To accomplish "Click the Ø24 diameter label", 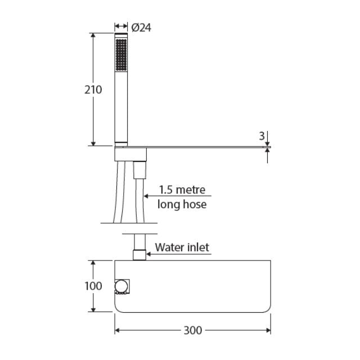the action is (x=141, y=28).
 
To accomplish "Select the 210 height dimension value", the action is (x=93, y=90).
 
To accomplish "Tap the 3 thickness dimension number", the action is (x=262, y=136).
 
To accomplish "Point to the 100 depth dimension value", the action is (x=93, y=286).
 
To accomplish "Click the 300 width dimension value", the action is (x=193, y=330).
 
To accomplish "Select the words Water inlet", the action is (x=182, y=247).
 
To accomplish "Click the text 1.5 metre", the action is (x=182, y=190).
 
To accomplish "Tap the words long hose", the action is (x=182, y=204).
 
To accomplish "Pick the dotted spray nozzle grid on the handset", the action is (x=121, y=55).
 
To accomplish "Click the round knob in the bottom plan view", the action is (x=121, y=286).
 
